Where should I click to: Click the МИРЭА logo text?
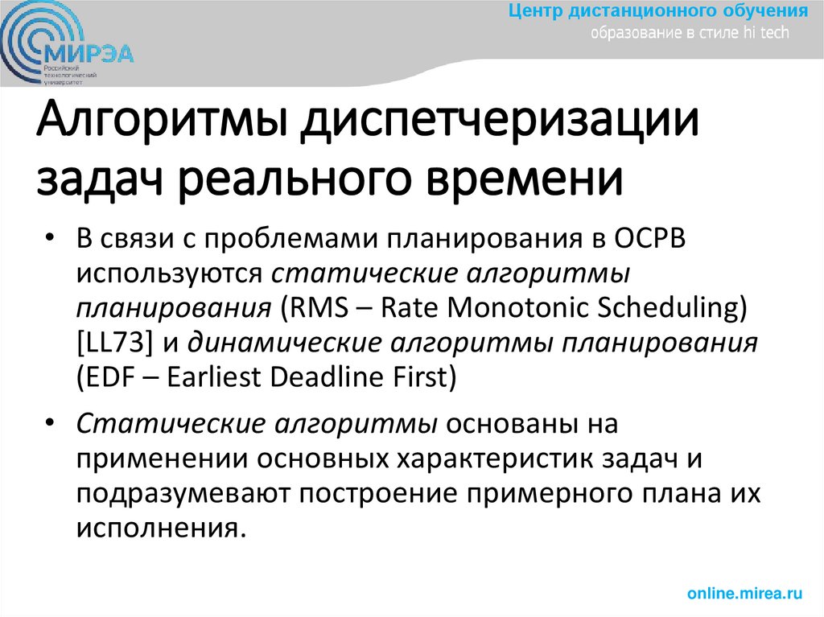[x=90, y=53]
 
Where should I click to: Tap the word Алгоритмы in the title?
[x=160, y=124]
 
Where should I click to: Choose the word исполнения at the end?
[x=158, y=529]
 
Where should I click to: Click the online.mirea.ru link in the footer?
[x=745, y=594]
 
